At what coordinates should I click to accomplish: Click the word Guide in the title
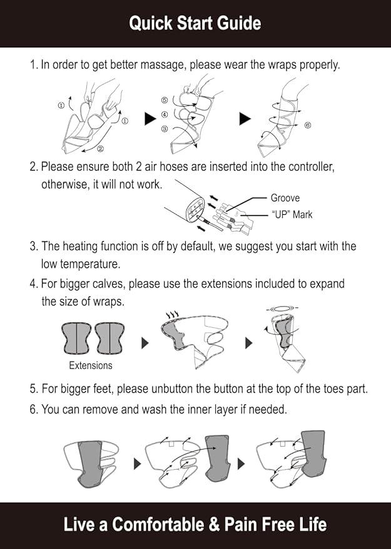[x=238, y=24]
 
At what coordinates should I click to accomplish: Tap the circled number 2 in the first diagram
[x=100, y=149]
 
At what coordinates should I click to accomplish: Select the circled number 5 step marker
[x=165, y=100]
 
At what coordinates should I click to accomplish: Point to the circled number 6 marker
[x=307, y=126]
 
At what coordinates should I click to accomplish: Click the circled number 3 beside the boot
[x=165, y=129]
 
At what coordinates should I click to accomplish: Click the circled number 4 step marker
[x=165, y=114]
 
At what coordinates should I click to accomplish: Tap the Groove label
[x=285, y=198]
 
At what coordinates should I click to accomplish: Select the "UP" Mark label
[x=292, y=214]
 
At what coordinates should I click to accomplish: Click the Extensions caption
[x=91, y=365]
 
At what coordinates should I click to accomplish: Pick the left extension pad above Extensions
[x=76, y=339]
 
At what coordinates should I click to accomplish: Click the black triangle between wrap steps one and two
[x=150, y=119]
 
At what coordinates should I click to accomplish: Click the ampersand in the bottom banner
[x=214, y=525]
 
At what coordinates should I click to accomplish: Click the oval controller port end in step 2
[x=196, y=209]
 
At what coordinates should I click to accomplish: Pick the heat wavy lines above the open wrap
[x=172, y=314]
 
